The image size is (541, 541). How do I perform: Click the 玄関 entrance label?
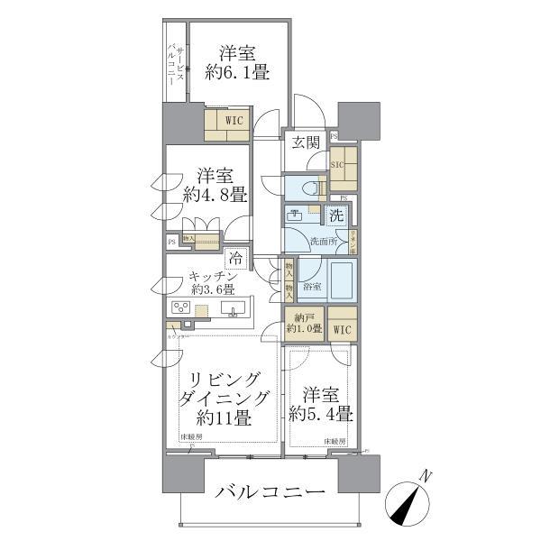(x=306, y=142)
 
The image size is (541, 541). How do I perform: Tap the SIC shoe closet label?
(x=338, y=165)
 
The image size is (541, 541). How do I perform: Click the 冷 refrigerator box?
(x=234, y=258)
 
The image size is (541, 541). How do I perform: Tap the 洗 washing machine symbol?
(x=335, y=216)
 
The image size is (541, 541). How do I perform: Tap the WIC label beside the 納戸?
(x=343, y=331)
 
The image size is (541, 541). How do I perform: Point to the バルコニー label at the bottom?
(x=269, y=494)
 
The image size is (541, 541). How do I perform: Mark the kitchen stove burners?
(x=179, y=308)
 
